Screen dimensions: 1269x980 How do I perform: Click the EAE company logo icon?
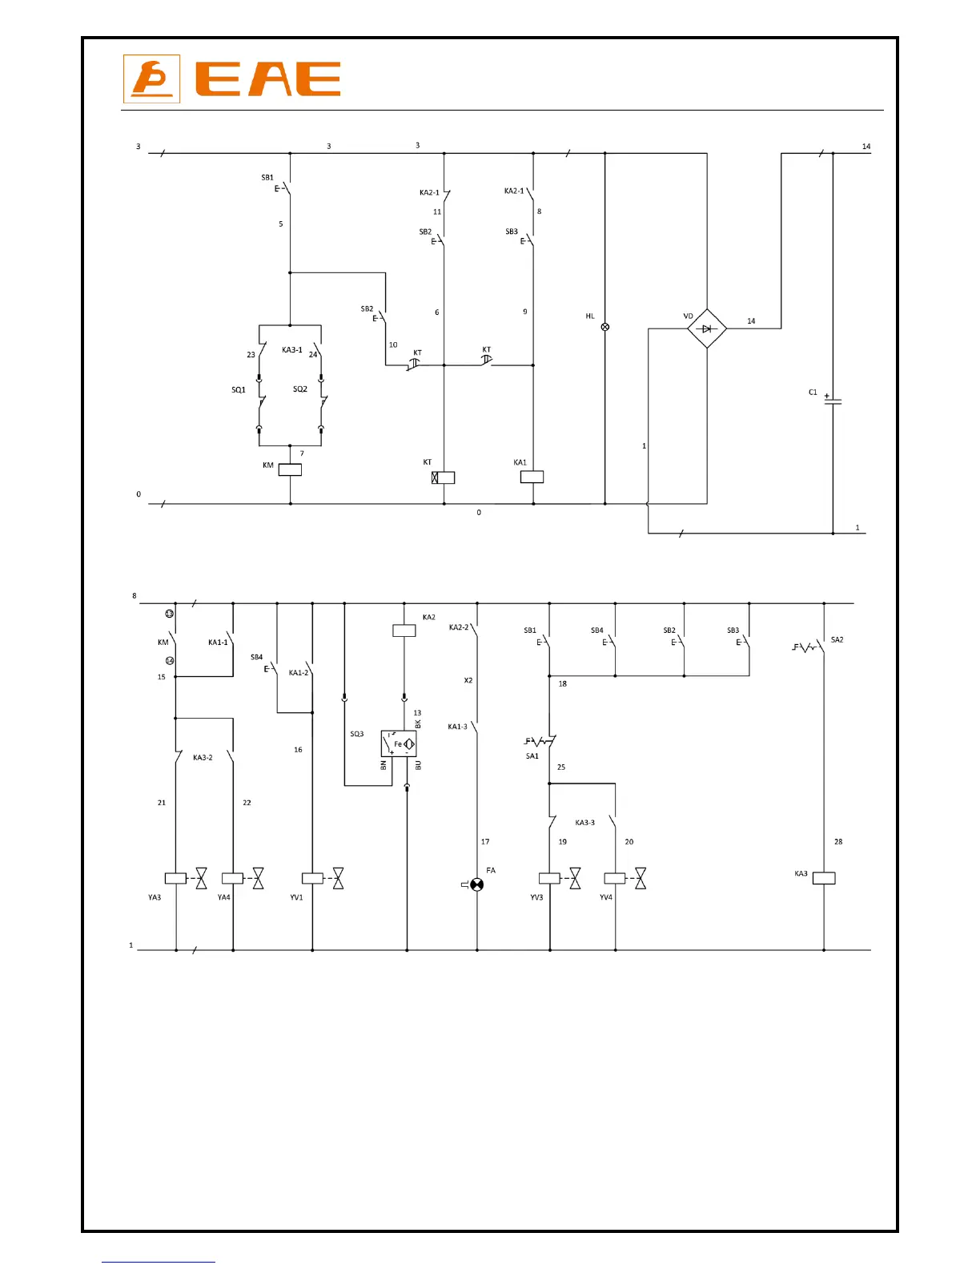pos(151,79)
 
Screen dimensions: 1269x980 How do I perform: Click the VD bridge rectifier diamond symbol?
pos(706,328)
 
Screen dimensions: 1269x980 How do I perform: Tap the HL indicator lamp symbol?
pos(604,327)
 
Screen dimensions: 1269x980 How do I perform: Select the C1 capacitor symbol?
pos(833,401)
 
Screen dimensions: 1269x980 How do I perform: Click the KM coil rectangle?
pos(290,470)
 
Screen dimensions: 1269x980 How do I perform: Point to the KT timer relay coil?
pos(444,477)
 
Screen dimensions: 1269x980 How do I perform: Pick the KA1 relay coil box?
pos(532,477)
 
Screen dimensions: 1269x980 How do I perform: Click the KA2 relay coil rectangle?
pos(404,630)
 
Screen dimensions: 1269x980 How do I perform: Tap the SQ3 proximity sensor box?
pos(399,744)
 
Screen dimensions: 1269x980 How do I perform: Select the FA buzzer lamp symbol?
pos(477,884)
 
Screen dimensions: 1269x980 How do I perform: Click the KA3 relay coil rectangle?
pos(824,878)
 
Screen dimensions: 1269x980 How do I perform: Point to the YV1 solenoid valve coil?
pos(312,878)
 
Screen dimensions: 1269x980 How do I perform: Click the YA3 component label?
pos(155,897)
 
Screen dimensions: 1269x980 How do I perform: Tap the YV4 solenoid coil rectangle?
pos(615,878)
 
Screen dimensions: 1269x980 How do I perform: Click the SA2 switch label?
pos(837,640)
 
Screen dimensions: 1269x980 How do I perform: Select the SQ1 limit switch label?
pos(239,390)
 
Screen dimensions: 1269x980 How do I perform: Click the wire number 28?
pos(838,842)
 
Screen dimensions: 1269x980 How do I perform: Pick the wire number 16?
pos(298,750)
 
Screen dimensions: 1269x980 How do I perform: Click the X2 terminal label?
pos(468,681)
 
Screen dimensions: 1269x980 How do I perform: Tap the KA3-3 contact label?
pos(585,823)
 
